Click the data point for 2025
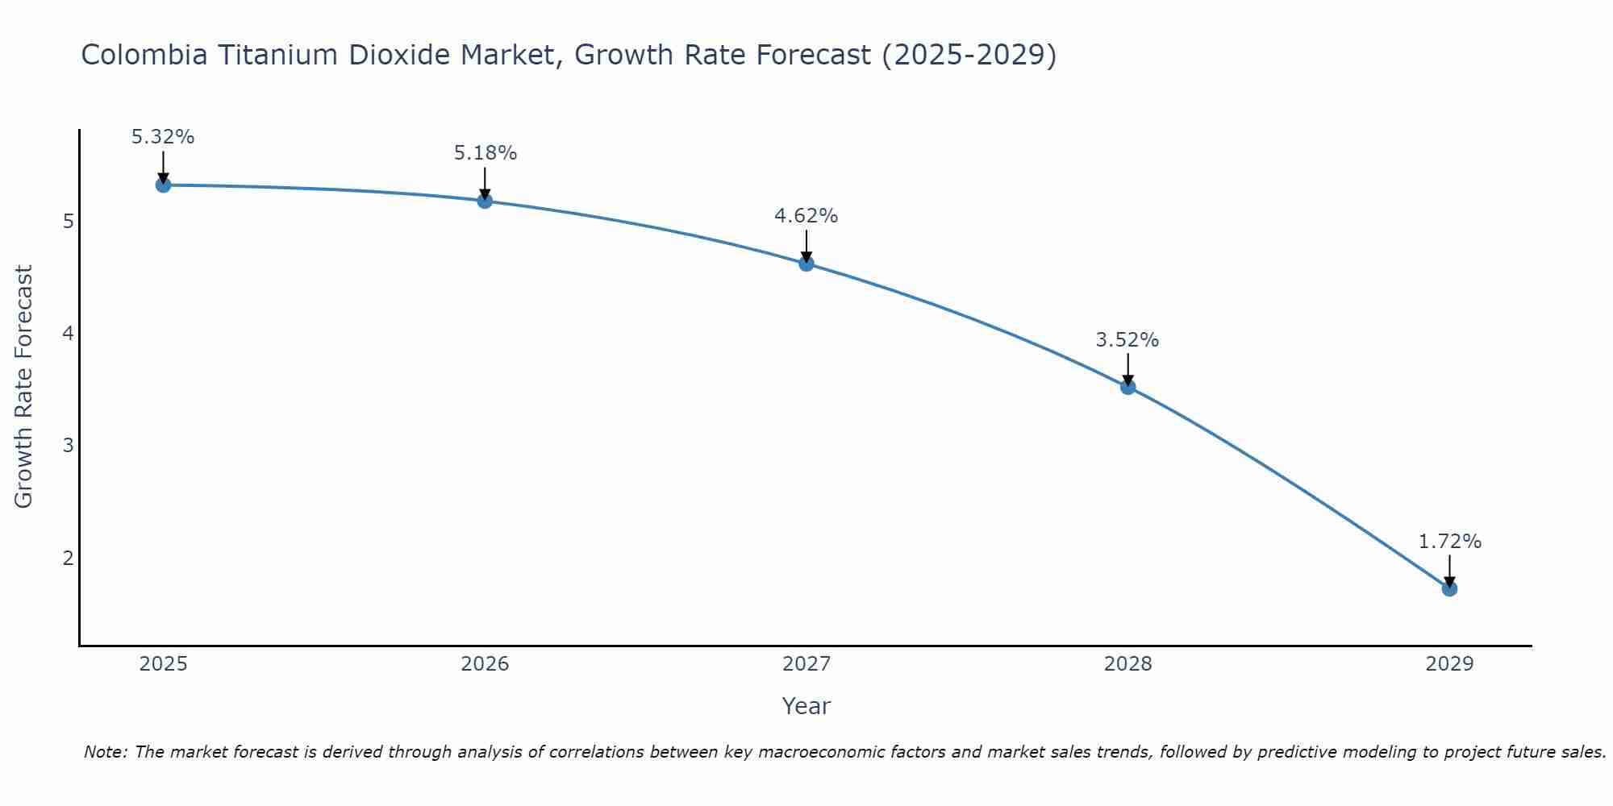point(163,185)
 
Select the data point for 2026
point(485,201)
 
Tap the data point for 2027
point(806,264)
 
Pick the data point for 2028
point(1127,387)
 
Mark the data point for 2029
point(1449,589)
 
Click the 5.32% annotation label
point(163,137)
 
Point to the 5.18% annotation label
point(485,153)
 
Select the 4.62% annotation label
point(806,216)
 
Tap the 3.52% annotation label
point(1127,340)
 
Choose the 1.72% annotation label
point(1449,542)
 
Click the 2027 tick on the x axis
point(806,664)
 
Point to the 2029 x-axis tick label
point(1449,664)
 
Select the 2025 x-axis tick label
point(163,664)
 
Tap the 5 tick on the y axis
point(69,221)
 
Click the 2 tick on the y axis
point(69,558)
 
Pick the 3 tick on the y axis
point(69,446)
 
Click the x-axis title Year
point(806,706)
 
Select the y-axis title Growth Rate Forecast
point(24,387)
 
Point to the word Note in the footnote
point(105,752)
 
